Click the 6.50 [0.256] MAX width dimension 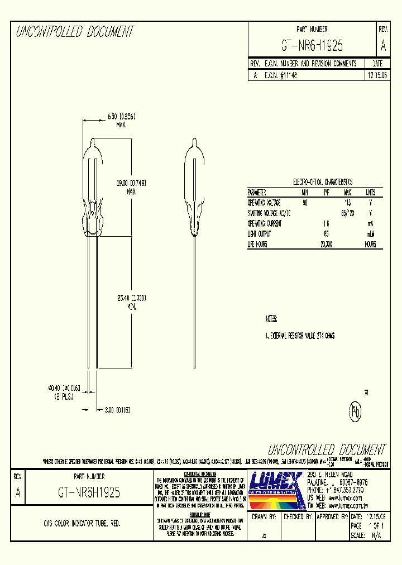pos(121,116)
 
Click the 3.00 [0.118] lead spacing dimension pos(117,410)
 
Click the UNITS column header pos(370,191)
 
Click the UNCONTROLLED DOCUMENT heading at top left pos(75,32)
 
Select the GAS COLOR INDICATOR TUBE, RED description pos(82,524)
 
